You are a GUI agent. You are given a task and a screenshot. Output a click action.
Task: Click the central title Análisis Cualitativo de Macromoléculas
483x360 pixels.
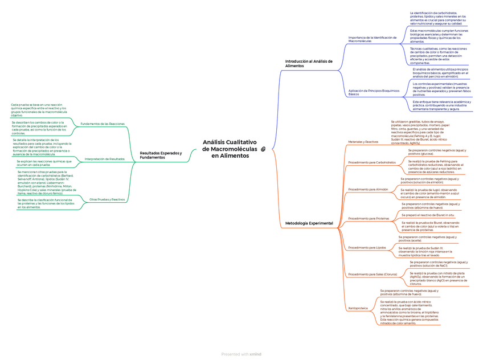pos(230,149)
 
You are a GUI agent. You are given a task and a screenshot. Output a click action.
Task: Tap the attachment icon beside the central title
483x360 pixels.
pos(264,149)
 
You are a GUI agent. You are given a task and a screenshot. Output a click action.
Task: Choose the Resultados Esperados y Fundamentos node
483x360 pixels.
pos(161,155)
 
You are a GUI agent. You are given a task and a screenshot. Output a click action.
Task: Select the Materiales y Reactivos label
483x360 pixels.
pos(363,141)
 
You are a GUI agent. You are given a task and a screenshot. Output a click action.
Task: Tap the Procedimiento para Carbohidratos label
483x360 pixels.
pos(371,162)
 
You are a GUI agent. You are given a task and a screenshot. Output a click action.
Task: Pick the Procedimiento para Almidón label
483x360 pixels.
pos(368,189)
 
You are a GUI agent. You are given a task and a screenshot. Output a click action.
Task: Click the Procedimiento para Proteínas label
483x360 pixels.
pos(369,218)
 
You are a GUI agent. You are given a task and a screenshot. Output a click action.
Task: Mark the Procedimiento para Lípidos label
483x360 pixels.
pos(367,248)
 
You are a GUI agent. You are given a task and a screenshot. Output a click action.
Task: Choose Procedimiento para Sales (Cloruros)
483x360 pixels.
pos(373,274)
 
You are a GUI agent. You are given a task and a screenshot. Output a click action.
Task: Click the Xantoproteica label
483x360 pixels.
pos(358,308)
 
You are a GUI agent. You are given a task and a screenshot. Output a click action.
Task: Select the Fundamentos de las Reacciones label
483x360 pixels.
pos(103,124)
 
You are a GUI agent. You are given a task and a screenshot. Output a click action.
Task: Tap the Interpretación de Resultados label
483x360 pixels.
pos(104,159)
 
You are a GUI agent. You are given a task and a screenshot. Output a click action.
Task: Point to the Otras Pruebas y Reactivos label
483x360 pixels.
pos(107,199)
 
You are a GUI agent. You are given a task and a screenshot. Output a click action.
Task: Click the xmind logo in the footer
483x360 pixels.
pos(255,354)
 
